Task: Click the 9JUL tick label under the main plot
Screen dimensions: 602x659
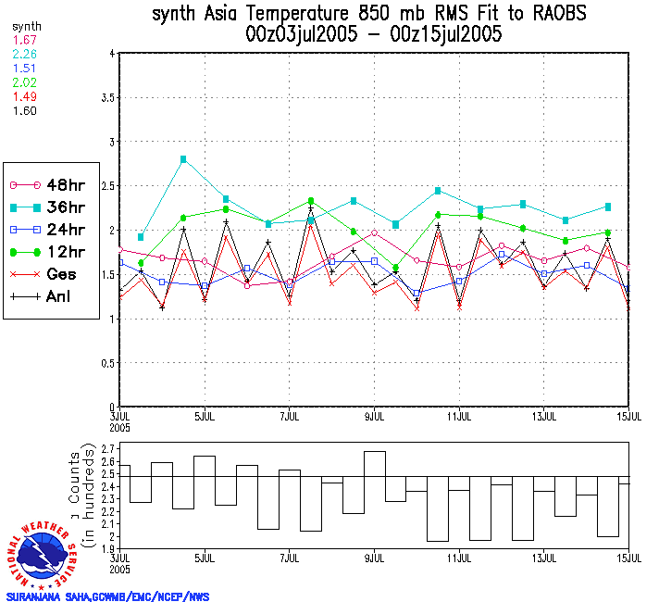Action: pos(374,414)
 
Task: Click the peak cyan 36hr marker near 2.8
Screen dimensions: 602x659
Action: pos(183,159)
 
